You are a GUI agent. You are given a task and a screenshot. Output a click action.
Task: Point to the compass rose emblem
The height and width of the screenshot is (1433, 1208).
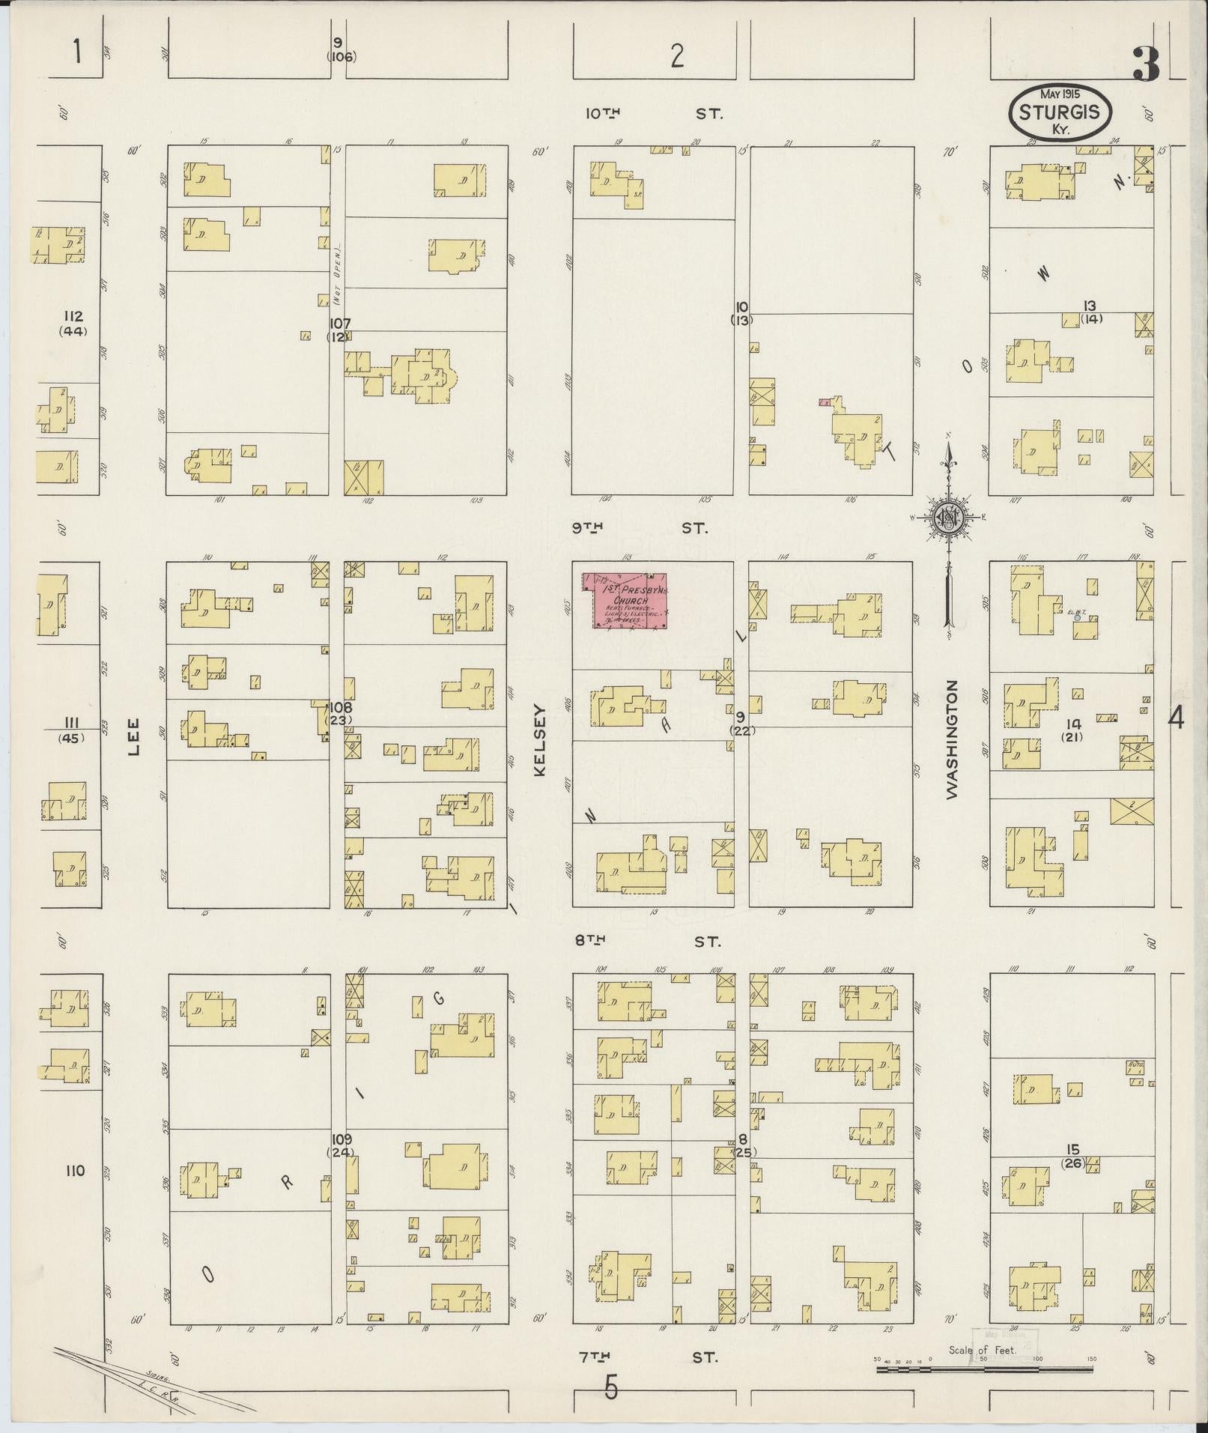coord(947,518)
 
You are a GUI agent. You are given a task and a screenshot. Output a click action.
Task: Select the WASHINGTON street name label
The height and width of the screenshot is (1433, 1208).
coord(953,739)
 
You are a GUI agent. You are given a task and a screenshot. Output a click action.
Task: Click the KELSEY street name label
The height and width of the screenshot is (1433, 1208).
coord(541,739)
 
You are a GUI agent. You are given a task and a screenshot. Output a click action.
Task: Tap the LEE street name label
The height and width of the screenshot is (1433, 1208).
coord(134,736)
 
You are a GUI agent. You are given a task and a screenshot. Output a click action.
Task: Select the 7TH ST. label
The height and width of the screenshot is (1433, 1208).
coord(648,1356)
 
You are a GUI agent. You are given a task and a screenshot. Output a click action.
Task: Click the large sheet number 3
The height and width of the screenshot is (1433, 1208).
coord(1146,64)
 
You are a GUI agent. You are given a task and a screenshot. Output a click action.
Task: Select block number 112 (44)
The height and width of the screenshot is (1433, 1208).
coord(73,323)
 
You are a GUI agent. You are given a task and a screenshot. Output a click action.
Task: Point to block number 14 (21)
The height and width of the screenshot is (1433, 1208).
coord(1074,730)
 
